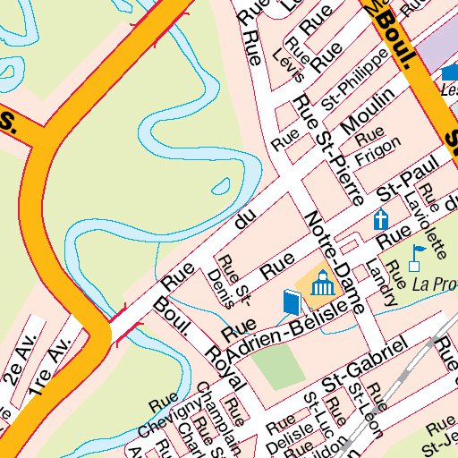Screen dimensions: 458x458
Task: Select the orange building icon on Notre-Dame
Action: [x=321, y=285]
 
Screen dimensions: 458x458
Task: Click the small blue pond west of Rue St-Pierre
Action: [x=218, y=187]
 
